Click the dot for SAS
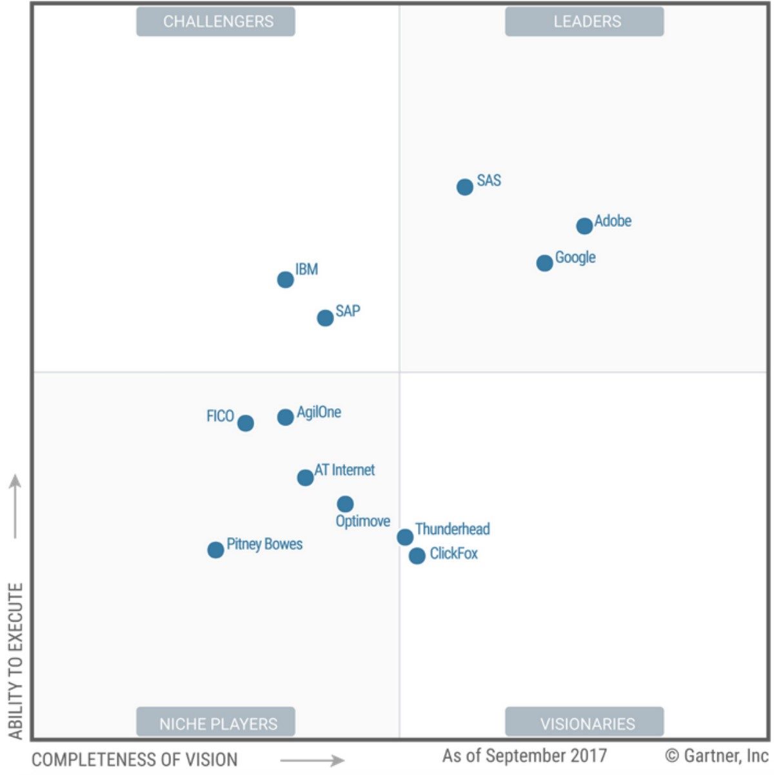click(464, 187)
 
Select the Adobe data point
click(584, 226)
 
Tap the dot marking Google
click(544, 262)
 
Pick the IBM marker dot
click(285, 279)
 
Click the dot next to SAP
click(325, 318)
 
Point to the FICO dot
click(245, 423)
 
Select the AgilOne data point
click(285, 417)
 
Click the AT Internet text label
click(344, 470)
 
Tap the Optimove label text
click(362, 521)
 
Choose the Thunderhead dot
click(405, 537)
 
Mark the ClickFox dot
click(417, 555)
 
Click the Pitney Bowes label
click(264, 544)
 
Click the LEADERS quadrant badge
click(584, 21)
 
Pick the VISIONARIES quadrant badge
click(584, 723)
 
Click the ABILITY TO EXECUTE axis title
click(15, 661)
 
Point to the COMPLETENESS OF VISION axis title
click(134, 760)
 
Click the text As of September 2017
click(524, 755)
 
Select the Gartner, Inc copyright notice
click(716, 755)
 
